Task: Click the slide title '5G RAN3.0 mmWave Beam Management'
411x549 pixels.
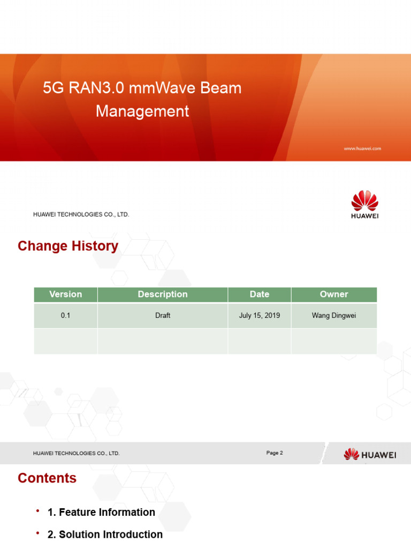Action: coord(142,99)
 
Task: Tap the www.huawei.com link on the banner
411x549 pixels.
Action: coord(362,149)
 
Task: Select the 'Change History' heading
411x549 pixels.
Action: coord(68,246)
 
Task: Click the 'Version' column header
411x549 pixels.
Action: coord(65,294)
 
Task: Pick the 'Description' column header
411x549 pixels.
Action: coord(163,294)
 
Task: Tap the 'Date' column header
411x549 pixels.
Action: coord(260,294)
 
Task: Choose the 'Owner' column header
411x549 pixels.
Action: coord(334,294)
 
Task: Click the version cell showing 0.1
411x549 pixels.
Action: coord(65,315)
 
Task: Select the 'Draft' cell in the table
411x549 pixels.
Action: coord(163,315)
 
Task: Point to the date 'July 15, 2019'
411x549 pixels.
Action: coord(260,315)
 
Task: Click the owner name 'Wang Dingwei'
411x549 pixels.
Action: coord(334,315)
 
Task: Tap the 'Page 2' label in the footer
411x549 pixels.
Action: coord(275,453)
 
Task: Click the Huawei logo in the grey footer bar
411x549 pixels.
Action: coord(370,455)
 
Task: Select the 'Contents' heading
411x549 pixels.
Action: coord(47,478)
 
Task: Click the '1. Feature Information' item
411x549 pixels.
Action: coord(101,513)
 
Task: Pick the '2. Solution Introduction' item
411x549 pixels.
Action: coord(105,535)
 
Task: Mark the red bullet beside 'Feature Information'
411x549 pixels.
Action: coord(38,511)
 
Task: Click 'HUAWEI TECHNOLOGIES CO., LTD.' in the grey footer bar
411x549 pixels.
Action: coord(77,454)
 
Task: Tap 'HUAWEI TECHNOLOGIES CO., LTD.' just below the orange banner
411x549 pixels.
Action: coord(81,214)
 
